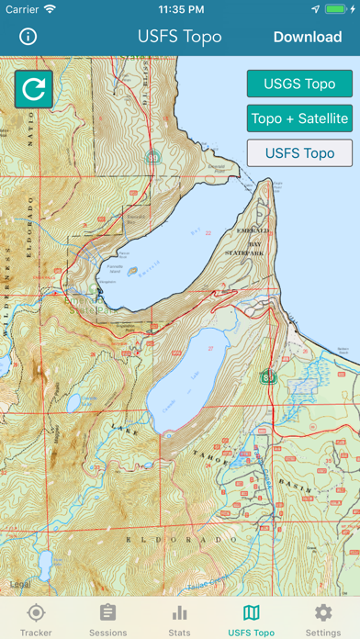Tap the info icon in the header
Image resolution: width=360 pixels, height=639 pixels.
click(28, 37)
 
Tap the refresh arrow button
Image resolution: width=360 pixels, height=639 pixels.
click(33, 89)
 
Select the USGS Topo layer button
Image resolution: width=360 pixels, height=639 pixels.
click(299, 84)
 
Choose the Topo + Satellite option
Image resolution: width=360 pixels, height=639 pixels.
click(299, 118)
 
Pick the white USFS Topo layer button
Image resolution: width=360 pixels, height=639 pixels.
click(299, 152)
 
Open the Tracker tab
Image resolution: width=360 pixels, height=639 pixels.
click(36, 619)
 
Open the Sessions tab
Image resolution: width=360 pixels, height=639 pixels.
click(107, 619)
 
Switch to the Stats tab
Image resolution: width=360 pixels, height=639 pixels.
click(180, 619)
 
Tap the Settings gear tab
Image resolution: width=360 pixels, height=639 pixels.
click(323, 619)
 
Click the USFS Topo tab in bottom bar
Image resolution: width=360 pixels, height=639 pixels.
click(251, 619)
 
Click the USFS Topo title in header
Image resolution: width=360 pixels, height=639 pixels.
click(180, 37)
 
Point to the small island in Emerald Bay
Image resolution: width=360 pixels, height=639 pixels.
click(134, 272)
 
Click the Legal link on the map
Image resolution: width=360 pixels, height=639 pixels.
click(19, 584)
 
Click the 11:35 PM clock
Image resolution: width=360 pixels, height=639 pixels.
click(180, 9)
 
